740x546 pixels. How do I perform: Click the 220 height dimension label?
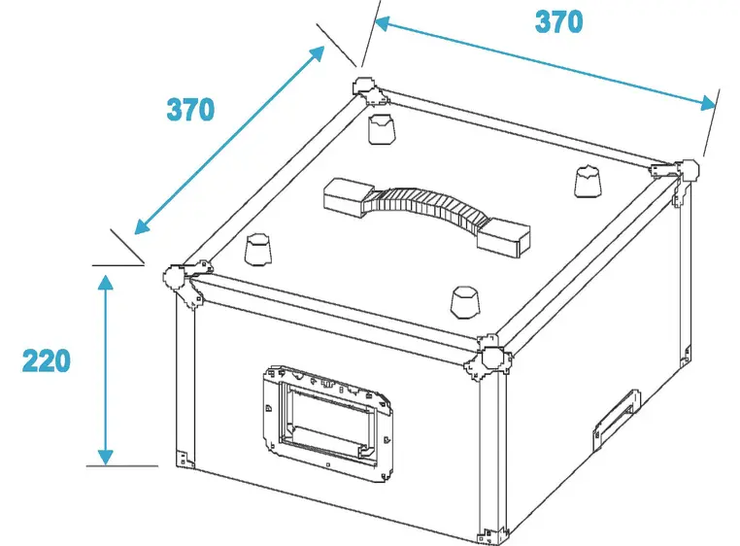pos(47,360)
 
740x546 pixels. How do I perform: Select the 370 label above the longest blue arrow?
pos(558,21)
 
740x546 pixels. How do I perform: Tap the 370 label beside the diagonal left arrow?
pos(190,110)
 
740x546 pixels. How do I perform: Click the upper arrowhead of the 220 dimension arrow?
pos(106,282)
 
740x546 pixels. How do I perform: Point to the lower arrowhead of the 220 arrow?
pos(106,458)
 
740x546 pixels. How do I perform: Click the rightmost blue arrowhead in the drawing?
pos(708,103)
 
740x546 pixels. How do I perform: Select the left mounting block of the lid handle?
pos(347,196)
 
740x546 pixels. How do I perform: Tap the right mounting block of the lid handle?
pos(504,238)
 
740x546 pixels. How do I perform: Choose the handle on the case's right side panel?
pos(617,419)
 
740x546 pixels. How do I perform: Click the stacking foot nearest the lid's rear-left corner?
pos(382,128)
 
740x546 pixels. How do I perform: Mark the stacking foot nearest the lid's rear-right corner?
pos(589,181)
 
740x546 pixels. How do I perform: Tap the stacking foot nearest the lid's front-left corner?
pos(258,249)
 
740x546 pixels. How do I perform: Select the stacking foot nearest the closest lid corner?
pos(465,301)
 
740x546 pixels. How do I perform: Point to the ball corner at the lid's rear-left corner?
pos(371,92)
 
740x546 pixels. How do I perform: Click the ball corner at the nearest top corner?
pos(488,358)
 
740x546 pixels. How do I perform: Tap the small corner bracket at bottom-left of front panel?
pos(185,459)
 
